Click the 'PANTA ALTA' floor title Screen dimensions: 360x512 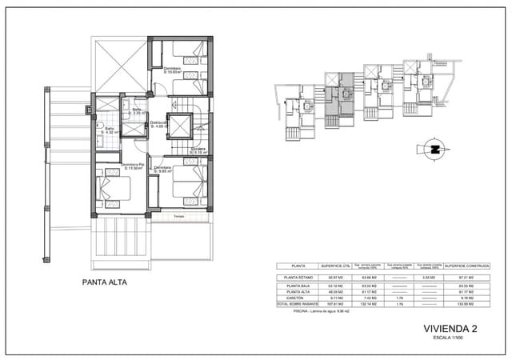105,282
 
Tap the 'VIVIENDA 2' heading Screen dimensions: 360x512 450,329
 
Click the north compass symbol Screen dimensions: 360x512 436,149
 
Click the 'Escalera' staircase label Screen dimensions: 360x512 199,149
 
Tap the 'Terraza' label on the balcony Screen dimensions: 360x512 179,217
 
